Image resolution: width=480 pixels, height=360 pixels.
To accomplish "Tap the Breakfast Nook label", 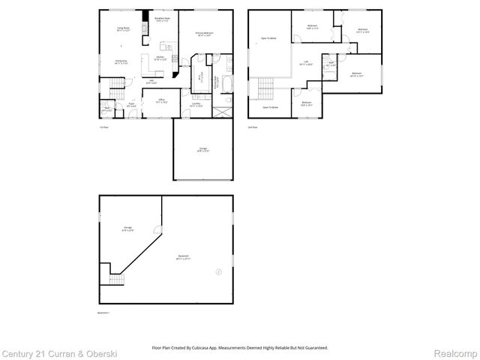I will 161,20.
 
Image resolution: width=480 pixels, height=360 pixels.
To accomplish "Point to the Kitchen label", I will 160,58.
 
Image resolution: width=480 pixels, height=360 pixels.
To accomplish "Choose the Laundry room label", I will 196,106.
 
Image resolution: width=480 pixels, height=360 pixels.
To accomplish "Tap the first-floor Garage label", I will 203,150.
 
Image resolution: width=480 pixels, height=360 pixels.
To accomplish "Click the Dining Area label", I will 120,62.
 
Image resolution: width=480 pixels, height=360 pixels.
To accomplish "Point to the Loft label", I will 306,64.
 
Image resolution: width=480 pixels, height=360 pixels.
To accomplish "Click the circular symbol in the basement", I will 218,271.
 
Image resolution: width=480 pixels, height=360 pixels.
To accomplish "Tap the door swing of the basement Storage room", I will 155,226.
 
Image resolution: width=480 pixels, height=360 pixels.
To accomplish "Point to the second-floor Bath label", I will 331,64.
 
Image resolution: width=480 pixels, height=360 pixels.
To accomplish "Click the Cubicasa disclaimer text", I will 240,348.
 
